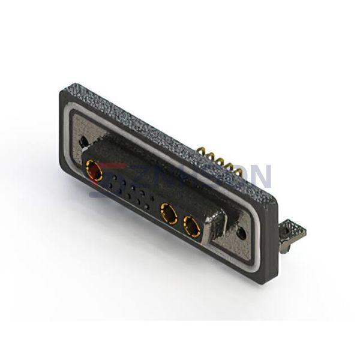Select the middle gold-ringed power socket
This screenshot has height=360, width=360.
[x=168, y=213]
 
